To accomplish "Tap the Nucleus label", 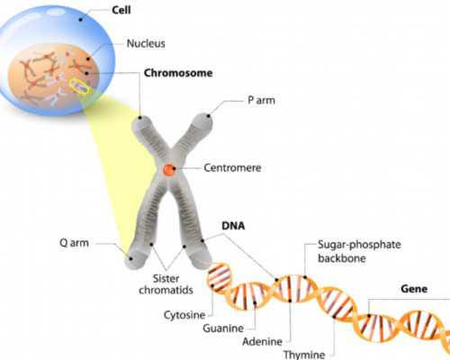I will [x=146, y=41].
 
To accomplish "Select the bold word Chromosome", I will [x=177, y=72].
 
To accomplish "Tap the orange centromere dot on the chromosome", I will [x=169, y=169].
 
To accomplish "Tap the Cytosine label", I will [x=184, y=315].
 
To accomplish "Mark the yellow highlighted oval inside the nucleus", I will [x=80, y=87].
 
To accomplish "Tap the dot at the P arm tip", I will [x=210, y=115].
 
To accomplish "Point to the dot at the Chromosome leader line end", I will [x=140, y=116].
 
